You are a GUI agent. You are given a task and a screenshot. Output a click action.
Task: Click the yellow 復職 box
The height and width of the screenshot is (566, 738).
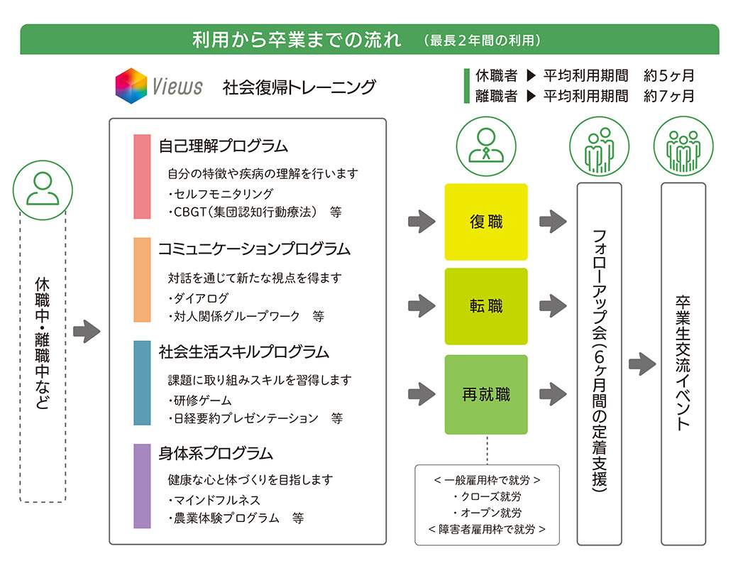[x=485, y=222]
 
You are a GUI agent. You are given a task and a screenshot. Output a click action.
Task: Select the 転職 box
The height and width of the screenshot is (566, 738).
[x=485, y=307]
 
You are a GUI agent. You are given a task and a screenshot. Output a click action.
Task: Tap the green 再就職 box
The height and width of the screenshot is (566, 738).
[x=485, y=395]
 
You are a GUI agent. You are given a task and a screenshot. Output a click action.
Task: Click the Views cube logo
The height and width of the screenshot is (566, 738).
[x=131, y=86]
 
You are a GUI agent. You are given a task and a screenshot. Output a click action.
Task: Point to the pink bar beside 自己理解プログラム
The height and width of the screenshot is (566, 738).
[x=142, y=177]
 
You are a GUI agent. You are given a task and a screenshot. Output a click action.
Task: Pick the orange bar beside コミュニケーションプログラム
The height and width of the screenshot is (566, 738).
[x=142, y=280]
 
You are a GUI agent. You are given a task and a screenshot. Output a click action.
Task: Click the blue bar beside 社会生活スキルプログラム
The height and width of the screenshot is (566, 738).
[x=142, y=383]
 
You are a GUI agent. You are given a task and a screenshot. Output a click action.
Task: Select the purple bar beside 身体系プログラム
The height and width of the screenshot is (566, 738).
[x=142, y=486]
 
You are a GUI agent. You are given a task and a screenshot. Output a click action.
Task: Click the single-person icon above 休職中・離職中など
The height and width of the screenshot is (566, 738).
[x=43, y=190]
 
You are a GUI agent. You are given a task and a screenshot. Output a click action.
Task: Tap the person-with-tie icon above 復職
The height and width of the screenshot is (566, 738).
[x=486, y=146]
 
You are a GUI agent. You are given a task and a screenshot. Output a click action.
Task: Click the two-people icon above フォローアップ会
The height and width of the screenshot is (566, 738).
[x=599, y=146]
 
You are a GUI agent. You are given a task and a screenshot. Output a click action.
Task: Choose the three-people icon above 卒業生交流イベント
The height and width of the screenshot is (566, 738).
[x=683, y=146]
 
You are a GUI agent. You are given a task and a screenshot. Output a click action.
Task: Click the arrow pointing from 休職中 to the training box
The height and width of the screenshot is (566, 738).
[x=87, y=332]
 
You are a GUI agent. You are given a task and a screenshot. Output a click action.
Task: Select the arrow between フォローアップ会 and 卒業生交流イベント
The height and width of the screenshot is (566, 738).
[x=642, y=364]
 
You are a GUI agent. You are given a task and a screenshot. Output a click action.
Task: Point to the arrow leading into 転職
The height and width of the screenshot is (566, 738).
[x=422, y=306]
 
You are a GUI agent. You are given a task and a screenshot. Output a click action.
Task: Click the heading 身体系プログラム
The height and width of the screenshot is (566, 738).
[x=216, y=453]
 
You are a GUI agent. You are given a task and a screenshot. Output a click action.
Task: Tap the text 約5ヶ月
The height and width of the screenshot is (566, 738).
[x=668, y=75]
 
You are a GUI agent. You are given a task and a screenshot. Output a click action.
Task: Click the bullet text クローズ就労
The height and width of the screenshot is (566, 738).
[x=488, y=496]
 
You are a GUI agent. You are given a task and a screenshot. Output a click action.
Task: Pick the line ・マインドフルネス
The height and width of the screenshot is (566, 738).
[x=214, y=500]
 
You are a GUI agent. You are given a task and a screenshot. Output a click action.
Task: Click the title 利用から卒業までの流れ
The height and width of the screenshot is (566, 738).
[x=297, y=40]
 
